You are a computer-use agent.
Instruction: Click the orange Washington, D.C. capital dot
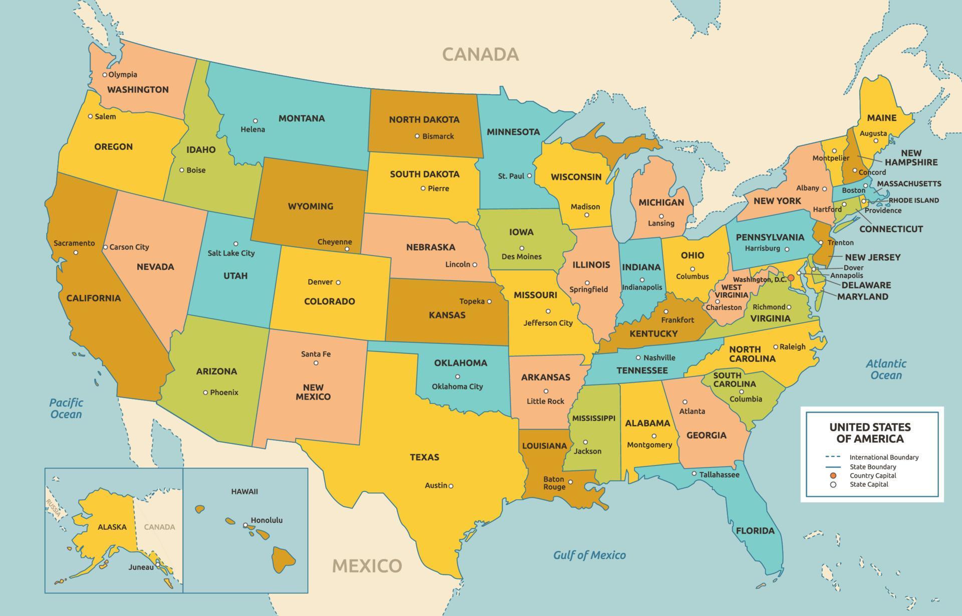[x=791, y=278]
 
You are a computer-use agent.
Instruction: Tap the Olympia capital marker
[x=105, y=75]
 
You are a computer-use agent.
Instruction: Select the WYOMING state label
[x=310, y=206]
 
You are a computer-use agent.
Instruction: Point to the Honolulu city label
[x=267, y=520]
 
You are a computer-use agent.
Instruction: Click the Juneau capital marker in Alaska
[x=157, y=564]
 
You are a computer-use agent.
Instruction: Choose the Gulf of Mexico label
[x=589, y=555]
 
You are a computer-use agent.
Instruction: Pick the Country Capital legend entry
[x=872, y=476]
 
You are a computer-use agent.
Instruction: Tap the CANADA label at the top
[x=480, y=54]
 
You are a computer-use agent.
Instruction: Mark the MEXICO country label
[x=367, y=566]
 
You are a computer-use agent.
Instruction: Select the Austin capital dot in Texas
[x=451, y=486]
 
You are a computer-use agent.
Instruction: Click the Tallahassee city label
[x=719, y=475]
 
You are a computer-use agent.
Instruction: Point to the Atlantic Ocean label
[x=886, y=369]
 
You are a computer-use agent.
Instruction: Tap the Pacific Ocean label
[x=66, y=408]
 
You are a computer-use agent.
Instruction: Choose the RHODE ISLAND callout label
[x=913, y=200]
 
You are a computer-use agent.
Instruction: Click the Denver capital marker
[x=338, y=282]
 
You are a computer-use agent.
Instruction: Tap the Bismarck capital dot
[x=417, y=136]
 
